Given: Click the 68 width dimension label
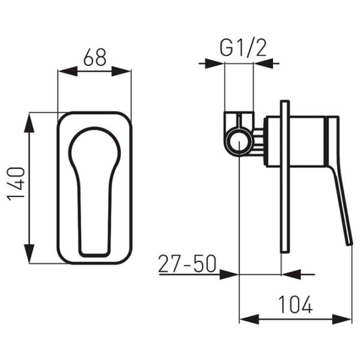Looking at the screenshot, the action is (95, 57).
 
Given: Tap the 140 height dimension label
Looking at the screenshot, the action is (16, 184).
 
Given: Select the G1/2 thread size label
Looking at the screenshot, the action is (243, 48).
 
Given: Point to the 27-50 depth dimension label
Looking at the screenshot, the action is (187, 263).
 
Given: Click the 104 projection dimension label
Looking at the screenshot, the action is (295, 304).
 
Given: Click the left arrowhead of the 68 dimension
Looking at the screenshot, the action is (68, 71).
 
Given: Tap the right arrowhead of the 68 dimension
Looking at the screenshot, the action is (121, 71).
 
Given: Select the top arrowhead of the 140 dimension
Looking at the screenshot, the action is (29, 123).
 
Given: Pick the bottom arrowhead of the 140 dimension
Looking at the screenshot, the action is (29, 253).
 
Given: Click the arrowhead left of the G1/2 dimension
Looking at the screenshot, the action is (214, 64).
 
